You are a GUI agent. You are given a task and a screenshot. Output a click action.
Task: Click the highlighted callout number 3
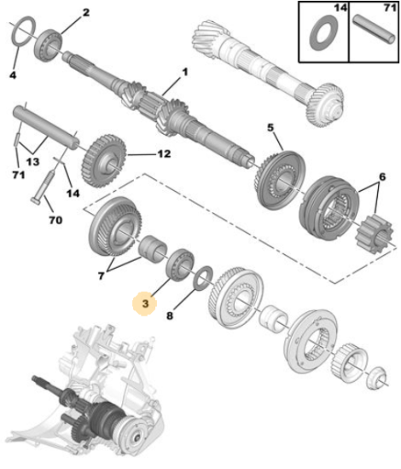(x=145, y=304)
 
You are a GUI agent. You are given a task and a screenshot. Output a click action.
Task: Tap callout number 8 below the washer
(x=170, y=316)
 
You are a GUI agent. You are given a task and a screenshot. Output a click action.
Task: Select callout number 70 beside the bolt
(x=55, y=220)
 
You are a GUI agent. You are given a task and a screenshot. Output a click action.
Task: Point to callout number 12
(x=164, y=153)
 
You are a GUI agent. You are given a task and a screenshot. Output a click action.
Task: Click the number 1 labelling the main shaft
(x=185, y=72)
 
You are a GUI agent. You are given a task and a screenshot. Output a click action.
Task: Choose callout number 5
(x=270, y=127)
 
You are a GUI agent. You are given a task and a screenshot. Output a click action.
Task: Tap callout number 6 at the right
(x=382, y=177)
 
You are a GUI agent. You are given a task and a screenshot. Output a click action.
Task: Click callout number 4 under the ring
(x=13, y=75)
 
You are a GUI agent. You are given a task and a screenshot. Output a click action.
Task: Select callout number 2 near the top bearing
(x=86, y=13)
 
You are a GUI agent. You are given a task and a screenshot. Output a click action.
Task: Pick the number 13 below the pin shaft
(x=32, y=162)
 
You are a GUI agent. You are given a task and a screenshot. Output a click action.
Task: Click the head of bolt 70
(x=35, y=200)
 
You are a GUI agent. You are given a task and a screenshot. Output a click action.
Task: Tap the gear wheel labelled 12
(x=103, y=161)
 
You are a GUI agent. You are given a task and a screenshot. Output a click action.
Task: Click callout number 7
(x=102, y=275)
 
